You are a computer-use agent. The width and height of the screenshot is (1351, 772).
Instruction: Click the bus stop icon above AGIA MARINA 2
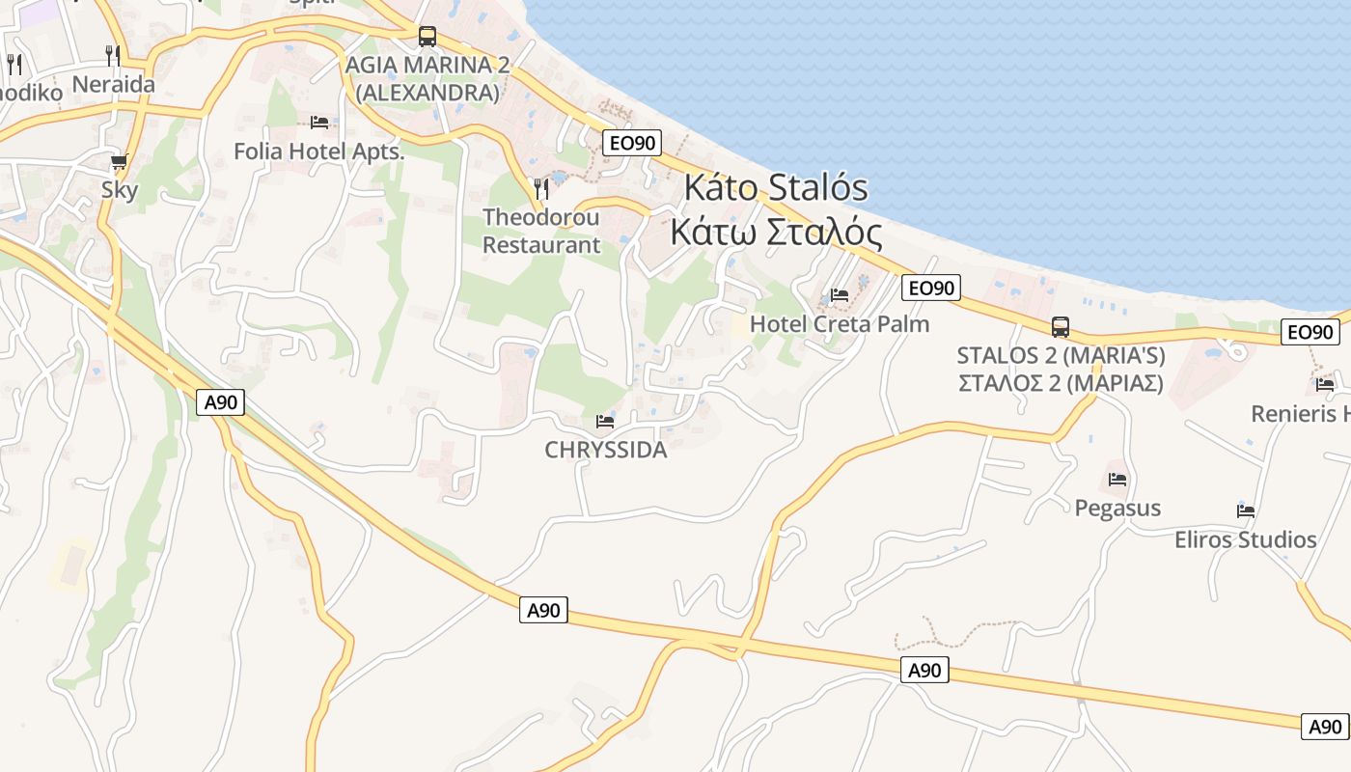427,37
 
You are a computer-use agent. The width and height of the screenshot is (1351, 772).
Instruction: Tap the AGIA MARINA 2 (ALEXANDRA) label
427,78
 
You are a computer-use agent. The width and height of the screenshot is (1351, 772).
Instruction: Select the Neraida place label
113,84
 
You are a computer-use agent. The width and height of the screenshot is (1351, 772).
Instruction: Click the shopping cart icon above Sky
120,161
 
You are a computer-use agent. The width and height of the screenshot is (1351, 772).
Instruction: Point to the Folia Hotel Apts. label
318,152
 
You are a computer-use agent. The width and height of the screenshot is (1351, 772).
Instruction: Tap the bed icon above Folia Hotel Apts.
319,123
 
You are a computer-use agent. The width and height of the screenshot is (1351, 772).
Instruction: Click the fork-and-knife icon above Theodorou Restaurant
541,187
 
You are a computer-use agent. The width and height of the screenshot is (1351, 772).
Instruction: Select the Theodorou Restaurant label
541,231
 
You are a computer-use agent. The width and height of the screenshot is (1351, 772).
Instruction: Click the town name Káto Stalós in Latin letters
776,187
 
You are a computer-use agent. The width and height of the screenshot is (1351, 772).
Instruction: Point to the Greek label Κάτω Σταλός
776,233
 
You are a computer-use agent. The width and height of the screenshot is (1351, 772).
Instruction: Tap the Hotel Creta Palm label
840,323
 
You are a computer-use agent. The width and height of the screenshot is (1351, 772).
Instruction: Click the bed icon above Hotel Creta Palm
840,294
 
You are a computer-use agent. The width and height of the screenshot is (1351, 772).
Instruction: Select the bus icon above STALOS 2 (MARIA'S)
1061,327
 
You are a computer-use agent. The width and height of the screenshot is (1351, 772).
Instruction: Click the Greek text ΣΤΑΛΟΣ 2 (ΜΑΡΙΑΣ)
1061,383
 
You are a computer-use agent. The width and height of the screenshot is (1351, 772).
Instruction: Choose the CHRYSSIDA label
605,450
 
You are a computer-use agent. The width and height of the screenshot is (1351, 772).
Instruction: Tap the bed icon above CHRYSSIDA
605,422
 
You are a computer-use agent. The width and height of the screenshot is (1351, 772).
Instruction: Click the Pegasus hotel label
1117,508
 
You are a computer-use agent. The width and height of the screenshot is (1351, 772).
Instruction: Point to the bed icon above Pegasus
1117,479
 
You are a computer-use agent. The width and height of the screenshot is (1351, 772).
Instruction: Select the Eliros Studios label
1245,539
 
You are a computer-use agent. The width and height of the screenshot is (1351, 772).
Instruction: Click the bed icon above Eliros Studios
1246,510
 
